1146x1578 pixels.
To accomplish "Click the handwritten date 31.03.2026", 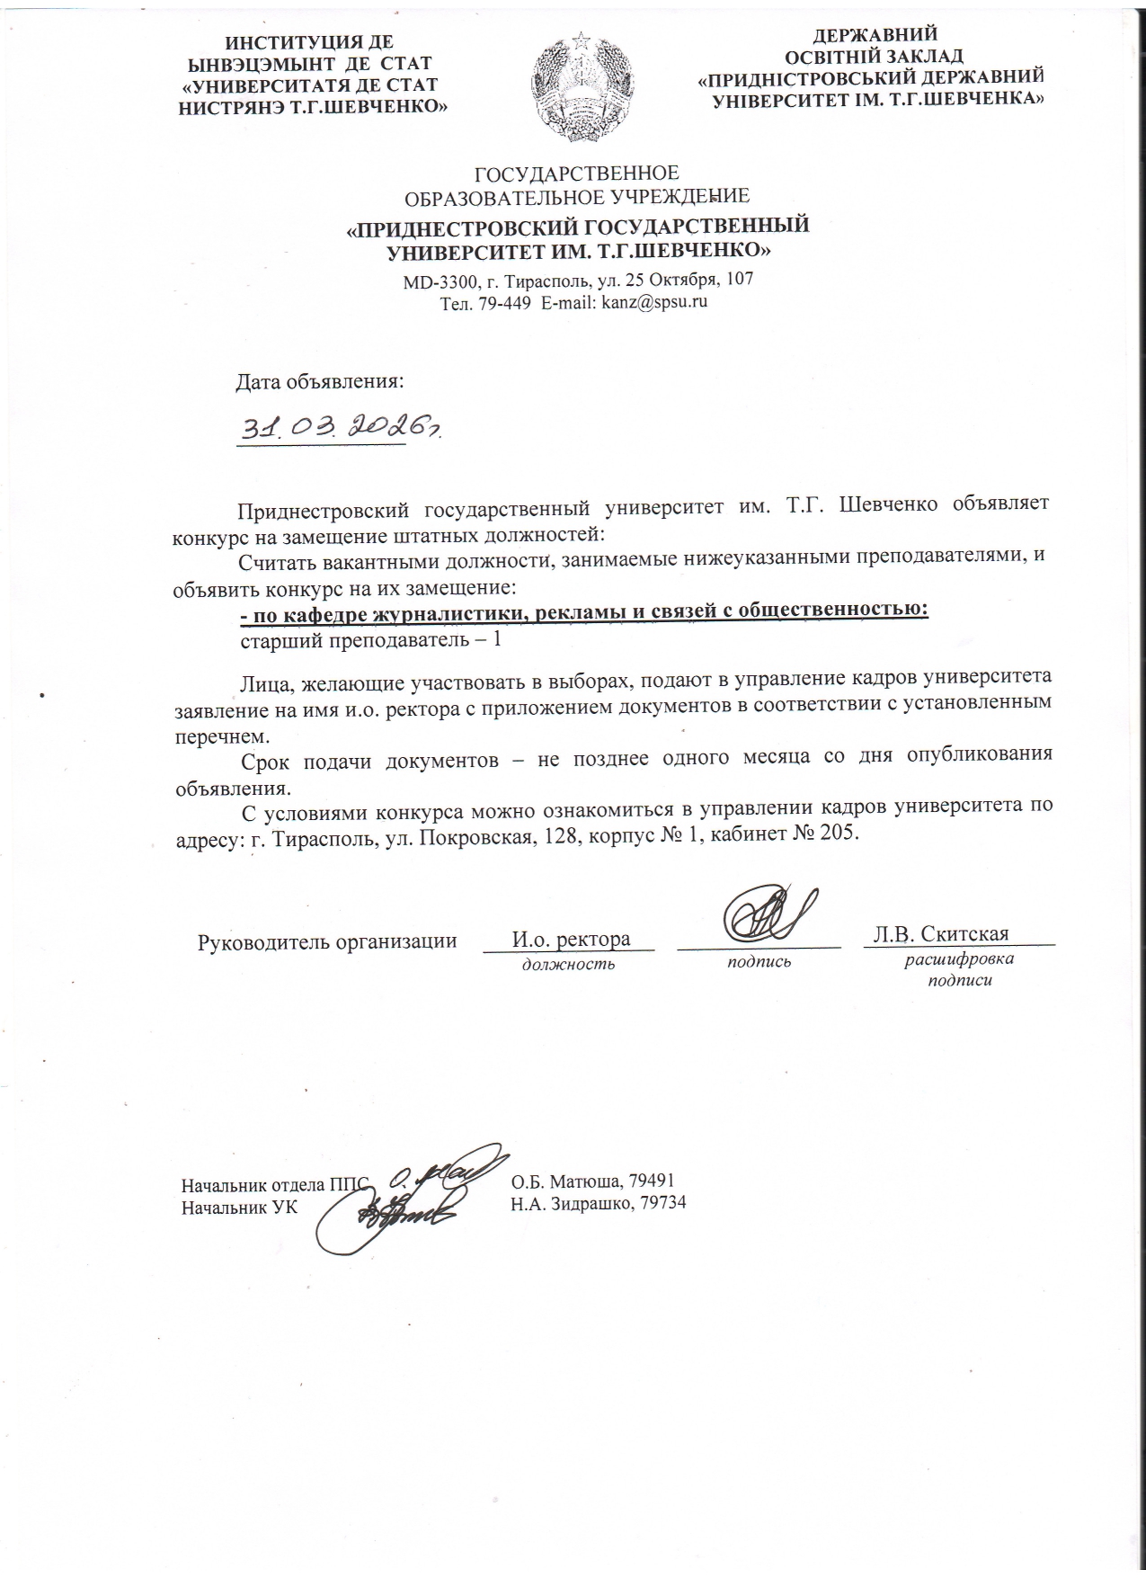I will (337, 429).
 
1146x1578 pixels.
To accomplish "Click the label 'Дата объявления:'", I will (320, 381).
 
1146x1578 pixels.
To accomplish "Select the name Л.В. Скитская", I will (940, 934).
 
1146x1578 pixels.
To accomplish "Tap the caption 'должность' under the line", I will (568, 964).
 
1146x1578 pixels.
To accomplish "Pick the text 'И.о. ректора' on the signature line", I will (571, 940).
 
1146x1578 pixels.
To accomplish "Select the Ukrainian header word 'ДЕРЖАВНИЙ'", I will (875, 35).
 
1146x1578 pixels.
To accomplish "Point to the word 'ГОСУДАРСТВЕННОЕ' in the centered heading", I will (576, 174).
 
